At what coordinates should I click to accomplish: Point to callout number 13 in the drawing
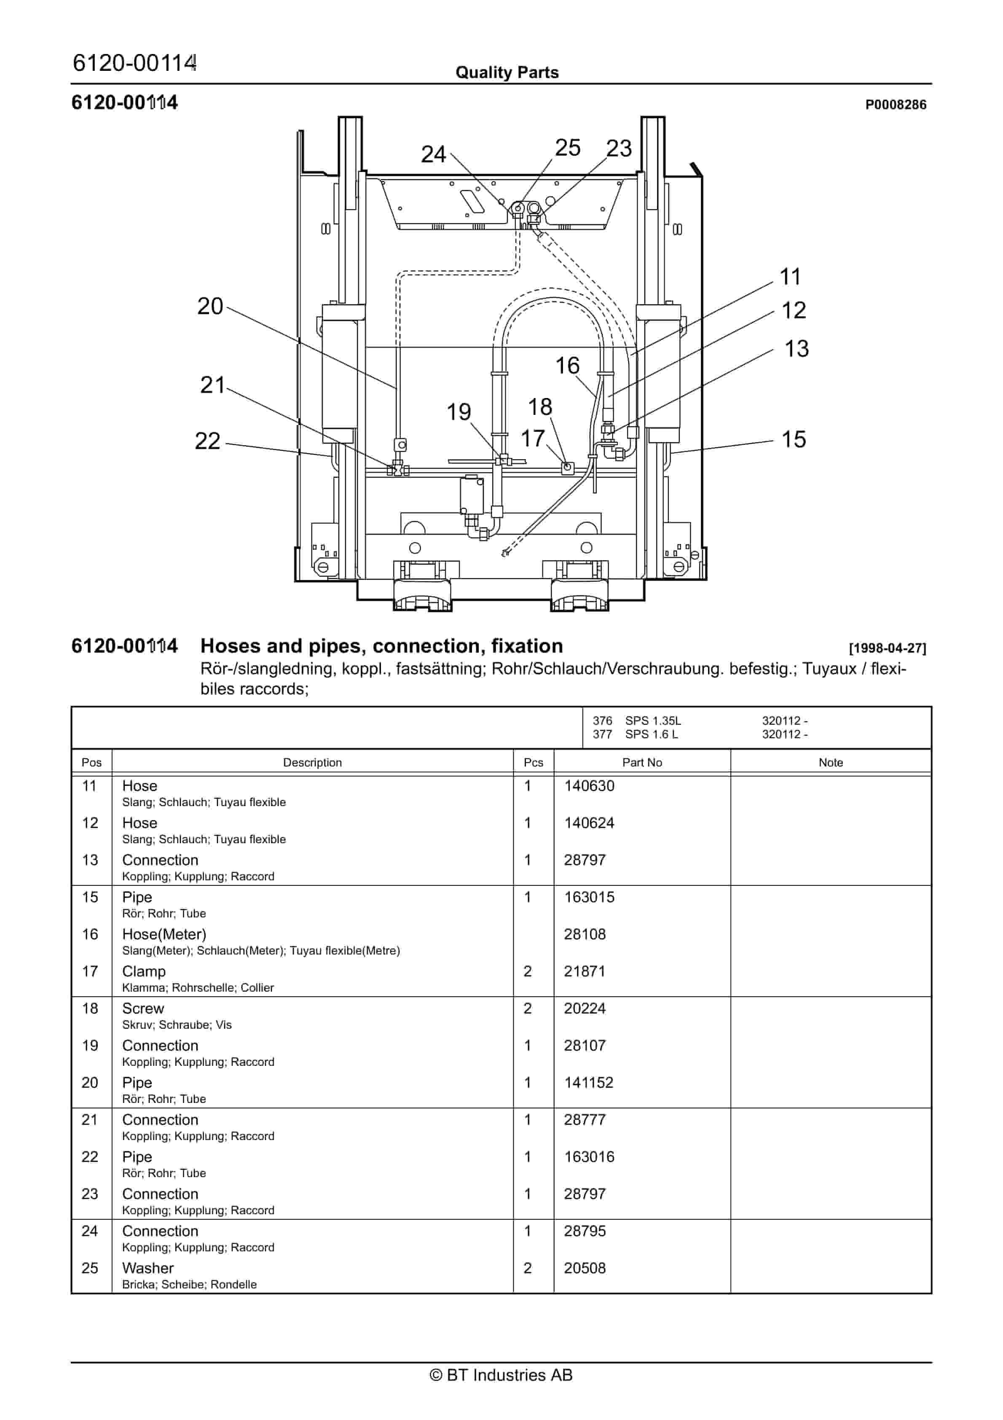[796, 349]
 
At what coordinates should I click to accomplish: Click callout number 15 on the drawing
[794, 440]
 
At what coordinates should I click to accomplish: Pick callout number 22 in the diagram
[207, 441]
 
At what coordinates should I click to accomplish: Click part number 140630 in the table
[589, 786]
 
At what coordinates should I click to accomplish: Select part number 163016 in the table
[589, 1157]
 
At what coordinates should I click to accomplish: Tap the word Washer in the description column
[148, 1269]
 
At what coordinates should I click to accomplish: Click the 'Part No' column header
[641, 763]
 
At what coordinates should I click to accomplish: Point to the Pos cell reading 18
[90, 1009]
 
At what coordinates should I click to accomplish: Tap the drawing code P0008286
[895, 105]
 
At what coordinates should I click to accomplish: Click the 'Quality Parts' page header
[507, 73]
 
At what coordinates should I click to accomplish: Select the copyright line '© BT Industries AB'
[501, 1375]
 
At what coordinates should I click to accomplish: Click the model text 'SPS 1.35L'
[652, 721]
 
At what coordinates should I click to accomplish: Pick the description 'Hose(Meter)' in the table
[164, 934]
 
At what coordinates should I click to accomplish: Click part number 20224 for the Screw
[585, 1009]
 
